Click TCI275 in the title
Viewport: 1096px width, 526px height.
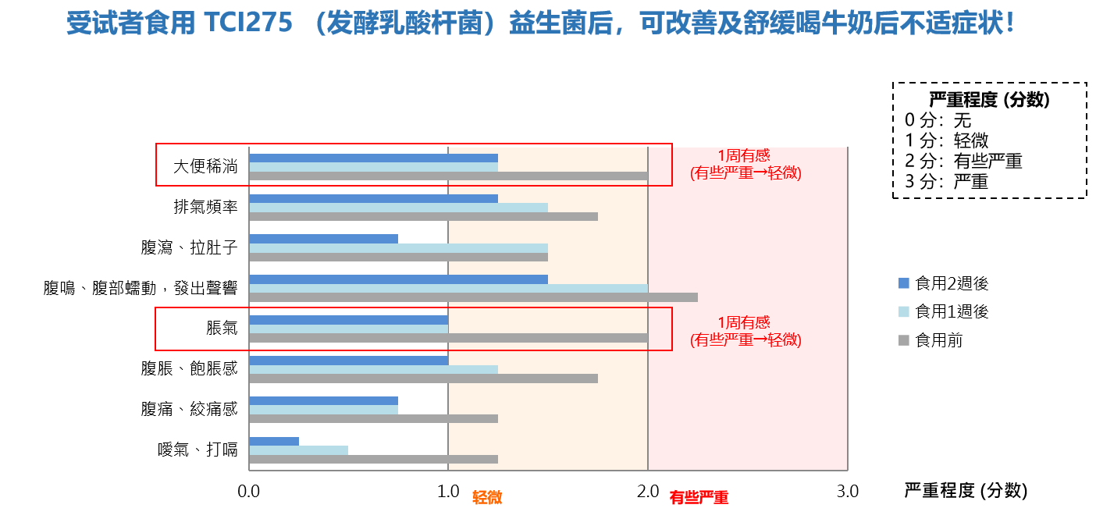pos(247,23)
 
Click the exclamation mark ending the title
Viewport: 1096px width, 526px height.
pos(1011,23)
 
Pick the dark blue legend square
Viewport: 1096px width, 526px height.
pos(904,283)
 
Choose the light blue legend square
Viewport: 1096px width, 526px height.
pos(904,312)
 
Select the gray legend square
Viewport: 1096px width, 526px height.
pos(904,340)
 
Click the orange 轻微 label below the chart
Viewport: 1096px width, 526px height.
pos(487,498)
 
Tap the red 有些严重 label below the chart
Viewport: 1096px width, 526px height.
pos(699,498)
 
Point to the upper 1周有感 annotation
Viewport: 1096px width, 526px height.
pos(744,156)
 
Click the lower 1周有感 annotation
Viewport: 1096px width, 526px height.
pos(744,322)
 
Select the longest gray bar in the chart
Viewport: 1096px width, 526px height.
pos(473,297)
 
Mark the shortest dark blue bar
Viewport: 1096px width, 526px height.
pos(274,442)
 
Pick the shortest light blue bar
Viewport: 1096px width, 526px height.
pos(298,450)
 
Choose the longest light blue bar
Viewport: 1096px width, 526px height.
pos(448,288)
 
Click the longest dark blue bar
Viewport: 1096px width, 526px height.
pos(398,279)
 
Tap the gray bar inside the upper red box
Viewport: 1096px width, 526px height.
pos(448,176)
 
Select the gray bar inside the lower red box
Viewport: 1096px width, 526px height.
pos(448,338)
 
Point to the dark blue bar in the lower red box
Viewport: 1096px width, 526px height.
pos(348,320)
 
